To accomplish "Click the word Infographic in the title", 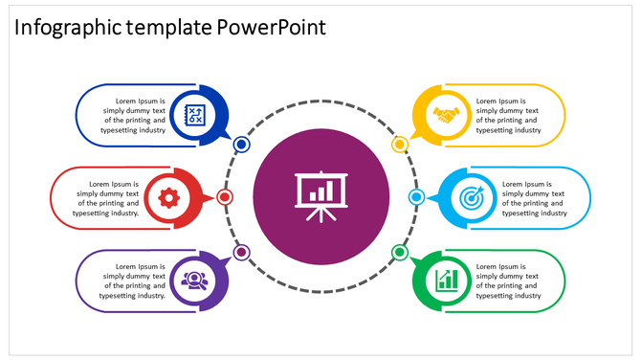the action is [68, 27].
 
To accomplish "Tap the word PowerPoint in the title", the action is [271, 27].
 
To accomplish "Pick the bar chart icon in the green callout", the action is [446, 280].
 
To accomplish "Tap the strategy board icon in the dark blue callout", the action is [196, 115].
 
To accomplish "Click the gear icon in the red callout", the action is [169, 198].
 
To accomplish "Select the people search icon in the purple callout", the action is [196, 280].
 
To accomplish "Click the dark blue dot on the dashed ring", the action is [242, 145].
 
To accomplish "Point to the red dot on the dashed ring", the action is [225, 197].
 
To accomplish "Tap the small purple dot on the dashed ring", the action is [241, 253].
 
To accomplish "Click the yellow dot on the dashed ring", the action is [400, 145].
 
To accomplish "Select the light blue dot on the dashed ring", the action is [416, 197].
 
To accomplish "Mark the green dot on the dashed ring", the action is [400, 253].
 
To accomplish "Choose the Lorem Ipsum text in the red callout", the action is [108, 198].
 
